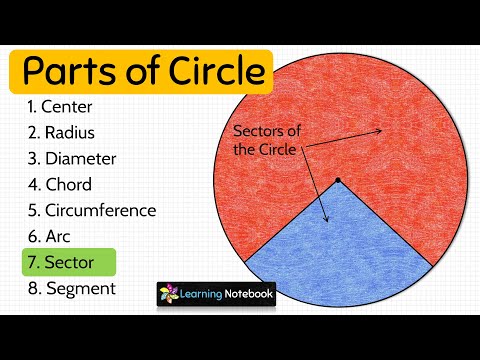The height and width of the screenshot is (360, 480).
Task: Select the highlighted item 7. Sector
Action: [68, 263]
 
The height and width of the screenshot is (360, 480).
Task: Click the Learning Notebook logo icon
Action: [170, 295]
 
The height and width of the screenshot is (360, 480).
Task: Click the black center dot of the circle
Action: [338, 181]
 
